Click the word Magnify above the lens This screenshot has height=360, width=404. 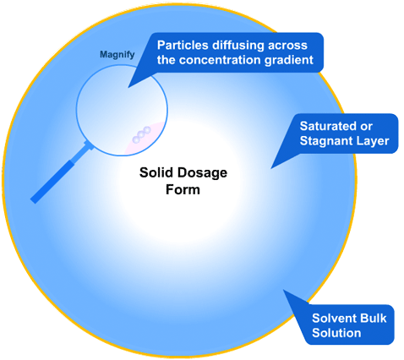point(117,55)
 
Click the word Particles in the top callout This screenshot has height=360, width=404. point(183,45)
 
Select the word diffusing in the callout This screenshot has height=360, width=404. point(238,46)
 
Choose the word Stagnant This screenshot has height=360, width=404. point(325,141)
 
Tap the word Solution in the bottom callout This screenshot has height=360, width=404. point(336,333)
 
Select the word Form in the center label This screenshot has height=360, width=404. point(183,189)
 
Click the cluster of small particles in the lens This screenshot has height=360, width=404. point(141,134)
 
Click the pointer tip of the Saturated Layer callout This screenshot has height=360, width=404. point(271,168)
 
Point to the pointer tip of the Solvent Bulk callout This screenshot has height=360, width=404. point(283,290)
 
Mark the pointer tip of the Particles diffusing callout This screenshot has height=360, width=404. point(128,87)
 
